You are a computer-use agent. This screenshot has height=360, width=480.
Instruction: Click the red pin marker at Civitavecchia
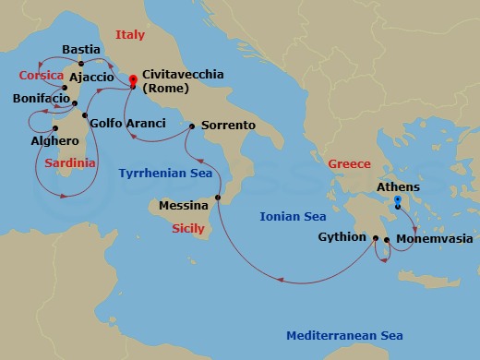[133, 80]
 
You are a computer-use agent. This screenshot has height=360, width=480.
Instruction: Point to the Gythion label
[342, 236]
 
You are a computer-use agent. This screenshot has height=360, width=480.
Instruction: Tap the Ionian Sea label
[293, 217]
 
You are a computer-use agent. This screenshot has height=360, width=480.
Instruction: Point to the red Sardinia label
[69, 162]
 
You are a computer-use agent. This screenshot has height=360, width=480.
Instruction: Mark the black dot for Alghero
[56, 128]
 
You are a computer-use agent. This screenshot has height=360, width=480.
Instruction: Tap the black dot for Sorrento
[191, 126]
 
